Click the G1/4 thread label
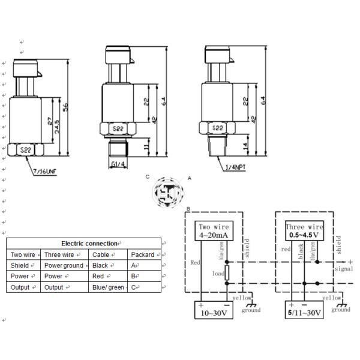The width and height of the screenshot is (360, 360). [x=118, y=164]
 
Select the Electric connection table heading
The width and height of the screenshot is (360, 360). [x=90, y=244]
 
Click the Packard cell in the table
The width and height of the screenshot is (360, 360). [x=143, y=254]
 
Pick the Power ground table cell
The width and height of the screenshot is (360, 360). [x=64, y=265]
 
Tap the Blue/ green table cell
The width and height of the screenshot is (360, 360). [x=109, y=287]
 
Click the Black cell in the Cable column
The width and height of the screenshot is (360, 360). [x=101, y=265]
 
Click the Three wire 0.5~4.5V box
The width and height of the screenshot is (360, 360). [x=305, y=232]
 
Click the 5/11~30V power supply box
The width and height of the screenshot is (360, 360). [x=305, y=310]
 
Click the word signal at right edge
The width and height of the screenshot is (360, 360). [x=344, y=269]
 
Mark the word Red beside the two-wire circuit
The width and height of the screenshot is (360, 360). [x=196, y=262]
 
